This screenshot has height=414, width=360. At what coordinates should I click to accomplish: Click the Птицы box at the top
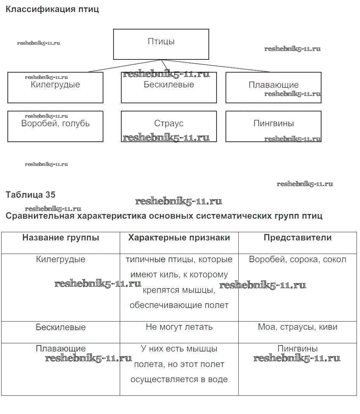161,44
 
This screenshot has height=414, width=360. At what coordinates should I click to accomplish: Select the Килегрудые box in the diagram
55,87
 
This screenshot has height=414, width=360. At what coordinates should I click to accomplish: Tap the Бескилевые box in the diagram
169,87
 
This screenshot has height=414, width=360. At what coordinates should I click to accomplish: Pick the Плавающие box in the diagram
273,87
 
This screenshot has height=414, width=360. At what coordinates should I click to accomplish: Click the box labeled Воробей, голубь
55,126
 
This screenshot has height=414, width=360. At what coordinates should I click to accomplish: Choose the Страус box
169,126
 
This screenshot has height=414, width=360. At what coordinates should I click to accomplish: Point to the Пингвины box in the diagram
273,126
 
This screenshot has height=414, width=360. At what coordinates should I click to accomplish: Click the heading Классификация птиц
52,9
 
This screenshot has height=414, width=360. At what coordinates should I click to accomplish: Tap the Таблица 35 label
30,195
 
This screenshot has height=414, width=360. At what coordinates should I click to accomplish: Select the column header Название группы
61,238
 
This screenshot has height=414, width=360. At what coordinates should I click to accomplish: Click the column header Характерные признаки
179,238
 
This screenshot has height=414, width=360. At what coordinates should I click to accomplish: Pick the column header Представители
297,238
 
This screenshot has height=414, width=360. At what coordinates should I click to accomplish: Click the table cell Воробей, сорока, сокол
297,259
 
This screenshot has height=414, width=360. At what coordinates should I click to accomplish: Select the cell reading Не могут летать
179,327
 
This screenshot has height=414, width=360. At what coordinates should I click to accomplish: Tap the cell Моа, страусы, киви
297,327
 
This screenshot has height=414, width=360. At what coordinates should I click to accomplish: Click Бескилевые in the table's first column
61,327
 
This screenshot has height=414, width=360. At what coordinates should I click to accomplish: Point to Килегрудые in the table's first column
61,259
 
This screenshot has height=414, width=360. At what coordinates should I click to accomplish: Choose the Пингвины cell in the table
297,349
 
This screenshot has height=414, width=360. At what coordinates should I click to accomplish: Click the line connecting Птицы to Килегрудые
124,66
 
